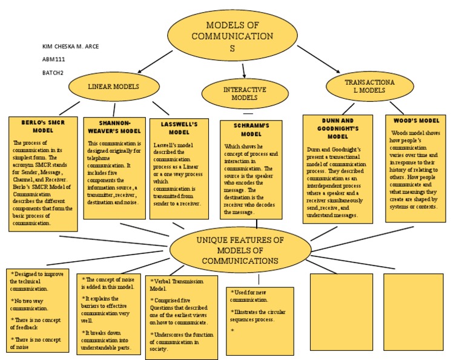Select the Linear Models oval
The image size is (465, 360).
[113, 87]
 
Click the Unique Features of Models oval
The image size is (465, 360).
[240, 250]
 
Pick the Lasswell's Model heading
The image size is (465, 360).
[179, 128]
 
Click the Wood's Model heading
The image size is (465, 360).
[415, 121]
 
